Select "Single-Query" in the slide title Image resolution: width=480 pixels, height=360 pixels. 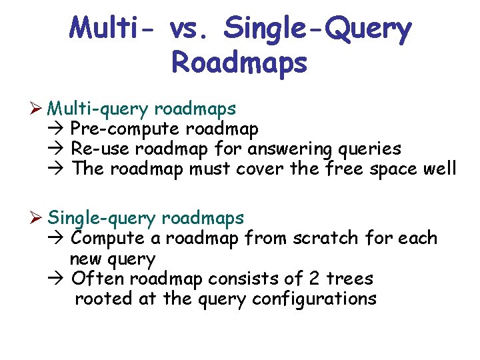click(x=318, y=29)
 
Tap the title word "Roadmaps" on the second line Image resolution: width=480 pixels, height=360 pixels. click(x=239, y=63)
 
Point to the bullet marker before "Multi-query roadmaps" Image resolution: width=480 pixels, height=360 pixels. click(x=38, y=108)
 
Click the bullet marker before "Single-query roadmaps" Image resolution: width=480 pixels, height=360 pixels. click(x=38, y=218)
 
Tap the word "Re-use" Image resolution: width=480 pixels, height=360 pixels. click(x=94, y=149)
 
